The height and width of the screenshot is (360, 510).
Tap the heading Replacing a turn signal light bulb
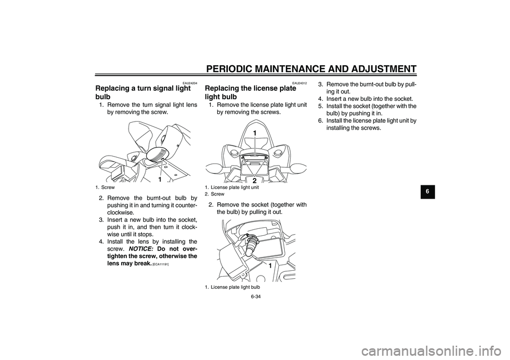click(x=143, y=92)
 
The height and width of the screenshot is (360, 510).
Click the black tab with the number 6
click(x=427, y=192)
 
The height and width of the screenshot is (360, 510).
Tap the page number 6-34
click(x=256, y=297)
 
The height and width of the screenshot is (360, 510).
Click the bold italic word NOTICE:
click(x=141, y=249)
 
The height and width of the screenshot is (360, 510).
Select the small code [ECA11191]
click(x=160, y=264)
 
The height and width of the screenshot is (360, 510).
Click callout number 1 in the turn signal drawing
click(x=160, y=179)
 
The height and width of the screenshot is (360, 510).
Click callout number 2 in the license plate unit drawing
click(x=254, y=180)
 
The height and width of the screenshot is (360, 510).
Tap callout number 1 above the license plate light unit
click(x=254, y=133)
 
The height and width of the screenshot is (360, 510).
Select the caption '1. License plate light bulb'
click(x=232, y=287)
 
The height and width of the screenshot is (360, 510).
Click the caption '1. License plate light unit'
click(x=232, y=187)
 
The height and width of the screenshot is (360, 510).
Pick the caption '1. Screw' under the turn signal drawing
click(x=105, y=187)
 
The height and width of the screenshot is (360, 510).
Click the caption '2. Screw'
click(x=215, y=194)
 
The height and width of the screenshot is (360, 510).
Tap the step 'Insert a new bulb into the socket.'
click(x=365, y=99)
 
